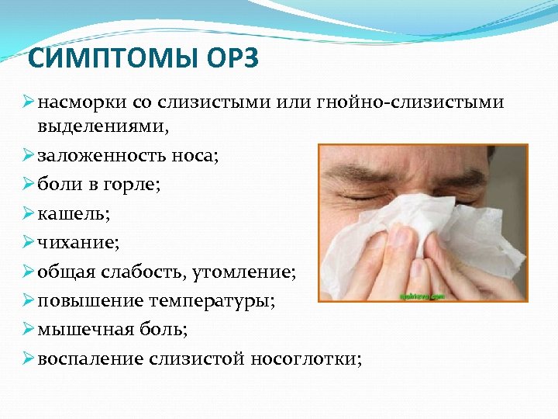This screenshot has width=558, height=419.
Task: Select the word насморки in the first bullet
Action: (x=75, y=102)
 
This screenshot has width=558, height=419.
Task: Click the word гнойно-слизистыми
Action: (x=411, y=102)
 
